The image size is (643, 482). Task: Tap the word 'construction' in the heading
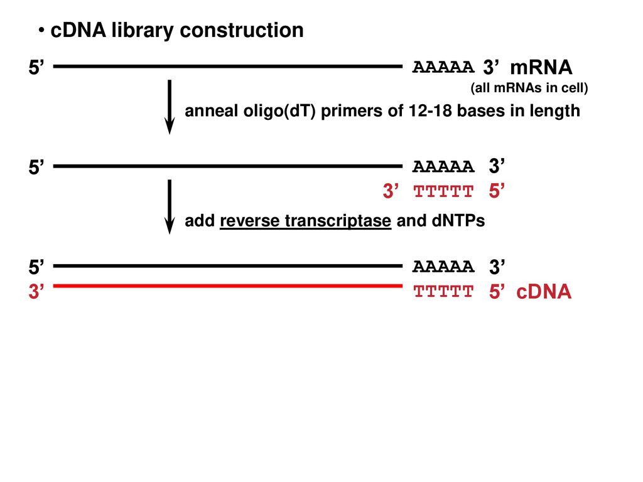click(x=242, y=30)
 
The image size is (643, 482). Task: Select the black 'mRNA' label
click(x=541, y=67)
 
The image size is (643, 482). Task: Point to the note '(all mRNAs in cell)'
click(x=529, y=88)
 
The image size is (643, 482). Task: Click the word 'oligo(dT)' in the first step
click(x=279, y=111)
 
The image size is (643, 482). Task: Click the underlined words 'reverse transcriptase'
click(x=306, y=221)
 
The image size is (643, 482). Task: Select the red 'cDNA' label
click(x=544, y=292)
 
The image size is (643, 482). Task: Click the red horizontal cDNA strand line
click(x=227, y=286)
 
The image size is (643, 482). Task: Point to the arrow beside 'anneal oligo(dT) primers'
click(x=170, y=107)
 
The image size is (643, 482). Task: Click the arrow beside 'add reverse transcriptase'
click(x=170, y=206)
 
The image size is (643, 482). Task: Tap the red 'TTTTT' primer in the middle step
click(x=443, y=191)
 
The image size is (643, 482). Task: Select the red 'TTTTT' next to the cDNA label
click(x=443, y=292)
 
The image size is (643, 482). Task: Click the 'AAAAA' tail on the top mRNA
click(x=443, y=67)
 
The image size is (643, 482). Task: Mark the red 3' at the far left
click(x=36, y=291)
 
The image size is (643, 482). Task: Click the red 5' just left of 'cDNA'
click(x=497, y=291)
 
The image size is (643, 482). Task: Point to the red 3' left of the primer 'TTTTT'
click(x=391, y=191)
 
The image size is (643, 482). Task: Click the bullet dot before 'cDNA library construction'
click(x=41, y=30)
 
